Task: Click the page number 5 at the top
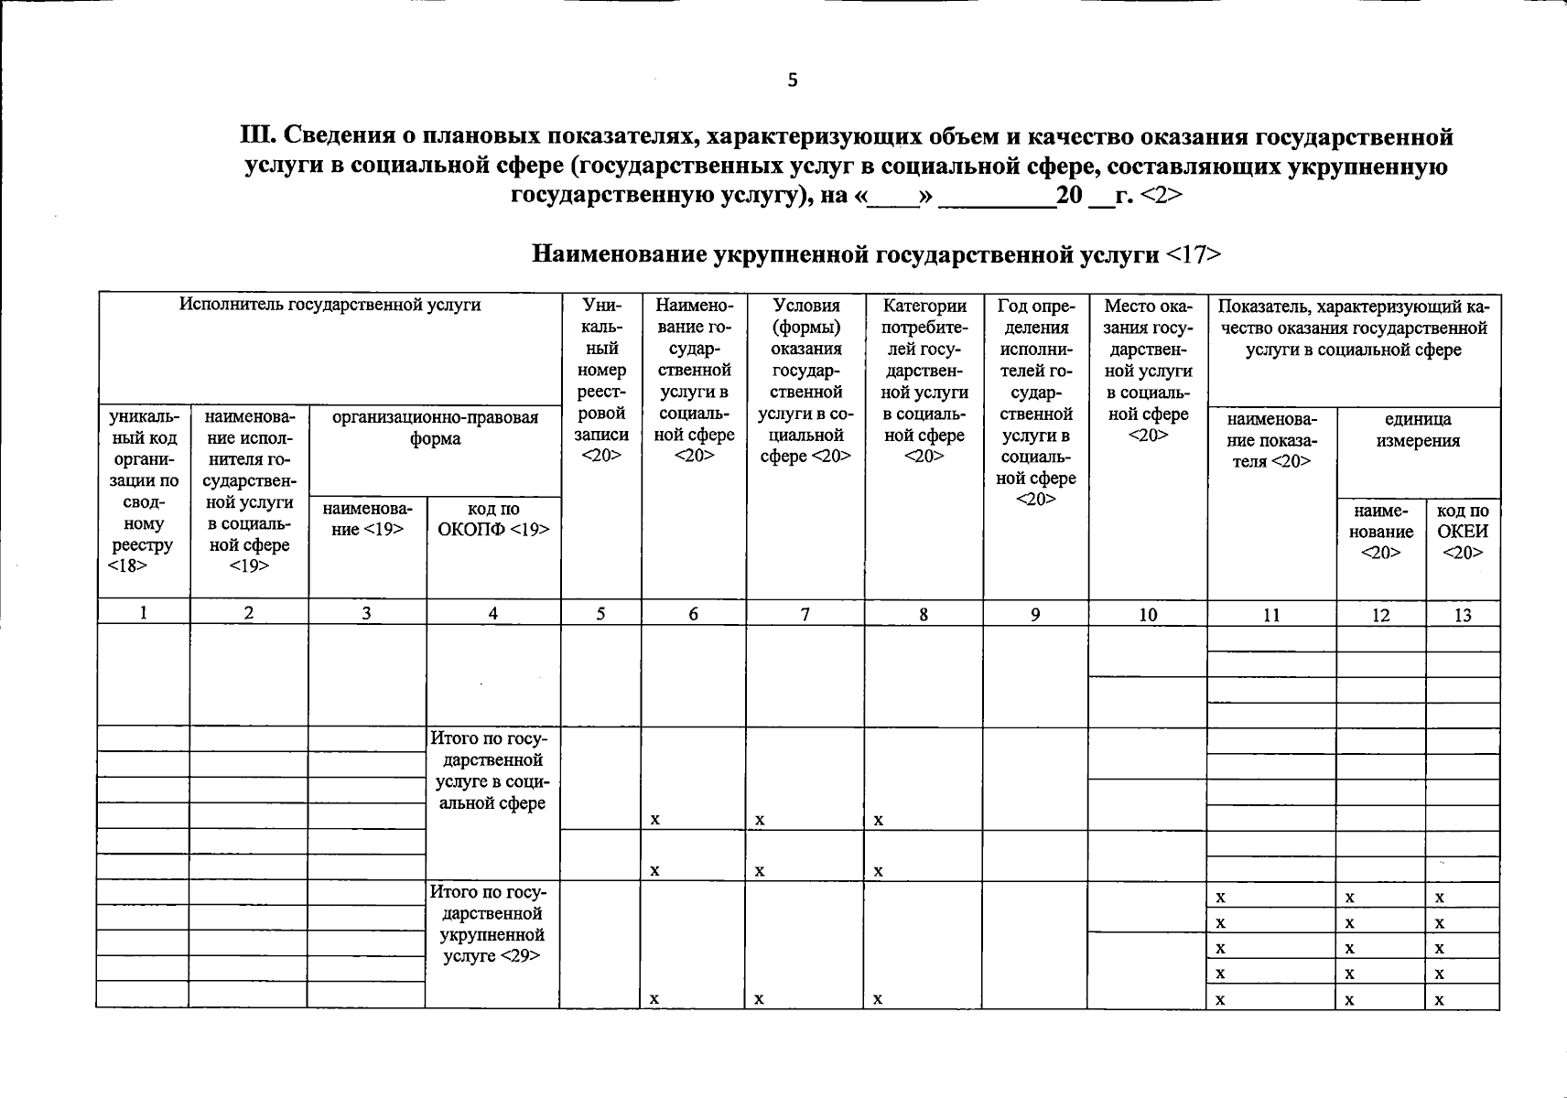[x=793, y=81]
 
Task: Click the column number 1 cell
[x=144, y=614]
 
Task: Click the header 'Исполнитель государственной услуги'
[x=330, y=305]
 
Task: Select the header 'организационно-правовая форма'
[x=435, y=428]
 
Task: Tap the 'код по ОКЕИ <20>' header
[x=1463, y=532]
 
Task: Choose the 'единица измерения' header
[x=1418, y=430]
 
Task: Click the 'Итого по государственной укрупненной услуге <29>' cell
[x=492, y=924]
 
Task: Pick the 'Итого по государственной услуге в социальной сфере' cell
[x=492, y=770]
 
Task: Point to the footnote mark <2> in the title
[x=1161, y=196]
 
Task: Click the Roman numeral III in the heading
[x=254, y=137]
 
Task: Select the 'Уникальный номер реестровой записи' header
[x=600, y=380]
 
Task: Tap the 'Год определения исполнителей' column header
[x=1036, y=402]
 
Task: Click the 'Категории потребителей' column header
[x=924, y=380]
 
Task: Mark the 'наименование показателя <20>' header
[x=1271, y=440]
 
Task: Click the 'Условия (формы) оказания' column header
[x=805, y=380]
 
